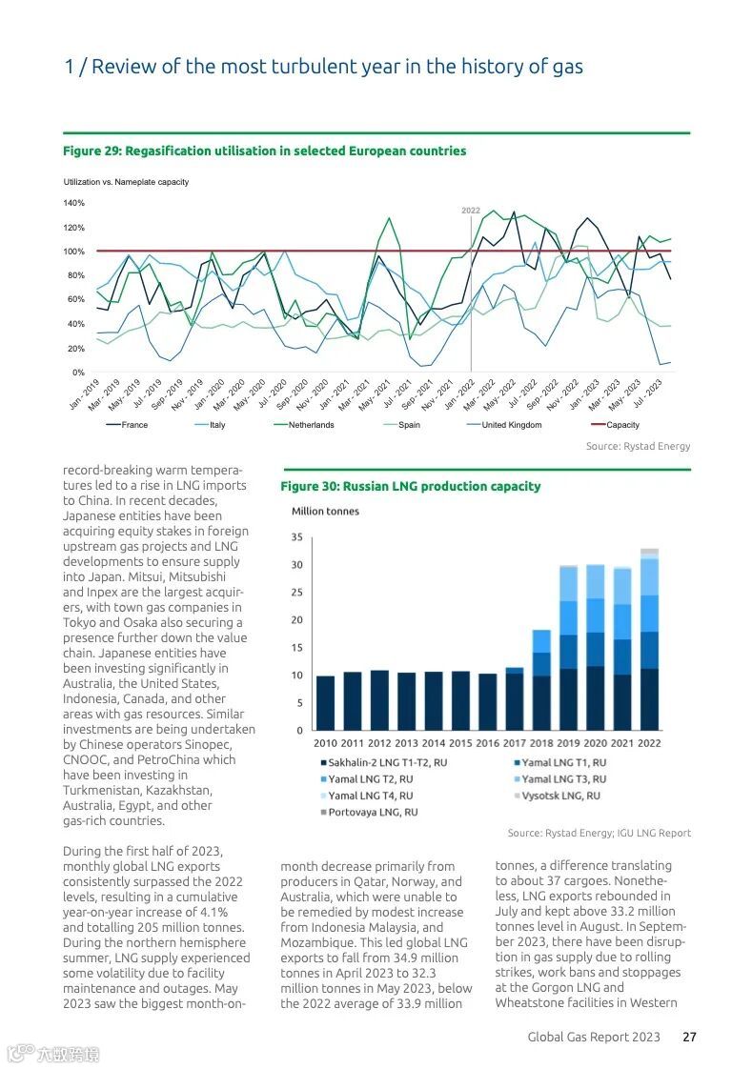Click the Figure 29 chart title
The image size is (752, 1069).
pos(264,151)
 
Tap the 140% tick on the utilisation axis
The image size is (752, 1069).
pos(73,203)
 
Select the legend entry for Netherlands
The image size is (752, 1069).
pos(311,425)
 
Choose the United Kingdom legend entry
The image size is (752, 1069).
pos(511,425)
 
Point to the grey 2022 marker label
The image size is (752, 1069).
pos(471,210)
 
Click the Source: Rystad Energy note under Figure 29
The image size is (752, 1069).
pos(638,446)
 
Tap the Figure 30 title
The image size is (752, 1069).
pos(410,486)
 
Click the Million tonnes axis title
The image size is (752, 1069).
pos(325,512)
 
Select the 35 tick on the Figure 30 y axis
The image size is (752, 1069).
pos(296,538)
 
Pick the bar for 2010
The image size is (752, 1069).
pos(325,703)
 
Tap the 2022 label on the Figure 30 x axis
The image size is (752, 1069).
pos(649,743)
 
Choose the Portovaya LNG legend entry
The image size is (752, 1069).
pos(373,812)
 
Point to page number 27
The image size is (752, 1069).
pos(689,1037)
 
